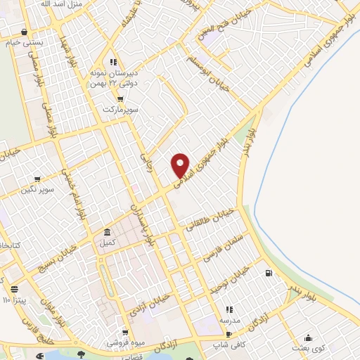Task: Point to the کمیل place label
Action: [x=107, y=243]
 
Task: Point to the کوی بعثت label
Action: [x=309, y=349]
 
